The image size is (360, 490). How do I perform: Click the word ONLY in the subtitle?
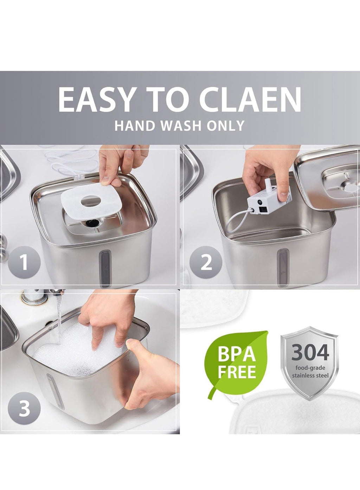pos(226,125)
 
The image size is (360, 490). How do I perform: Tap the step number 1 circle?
pos(24,262)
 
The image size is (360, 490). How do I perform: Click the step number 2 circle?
pos(206,262)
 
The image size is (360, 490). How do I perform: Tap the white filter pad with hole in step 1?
pos(91,203)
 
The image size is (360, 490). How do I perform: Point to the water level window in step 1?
pos(104,269)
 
